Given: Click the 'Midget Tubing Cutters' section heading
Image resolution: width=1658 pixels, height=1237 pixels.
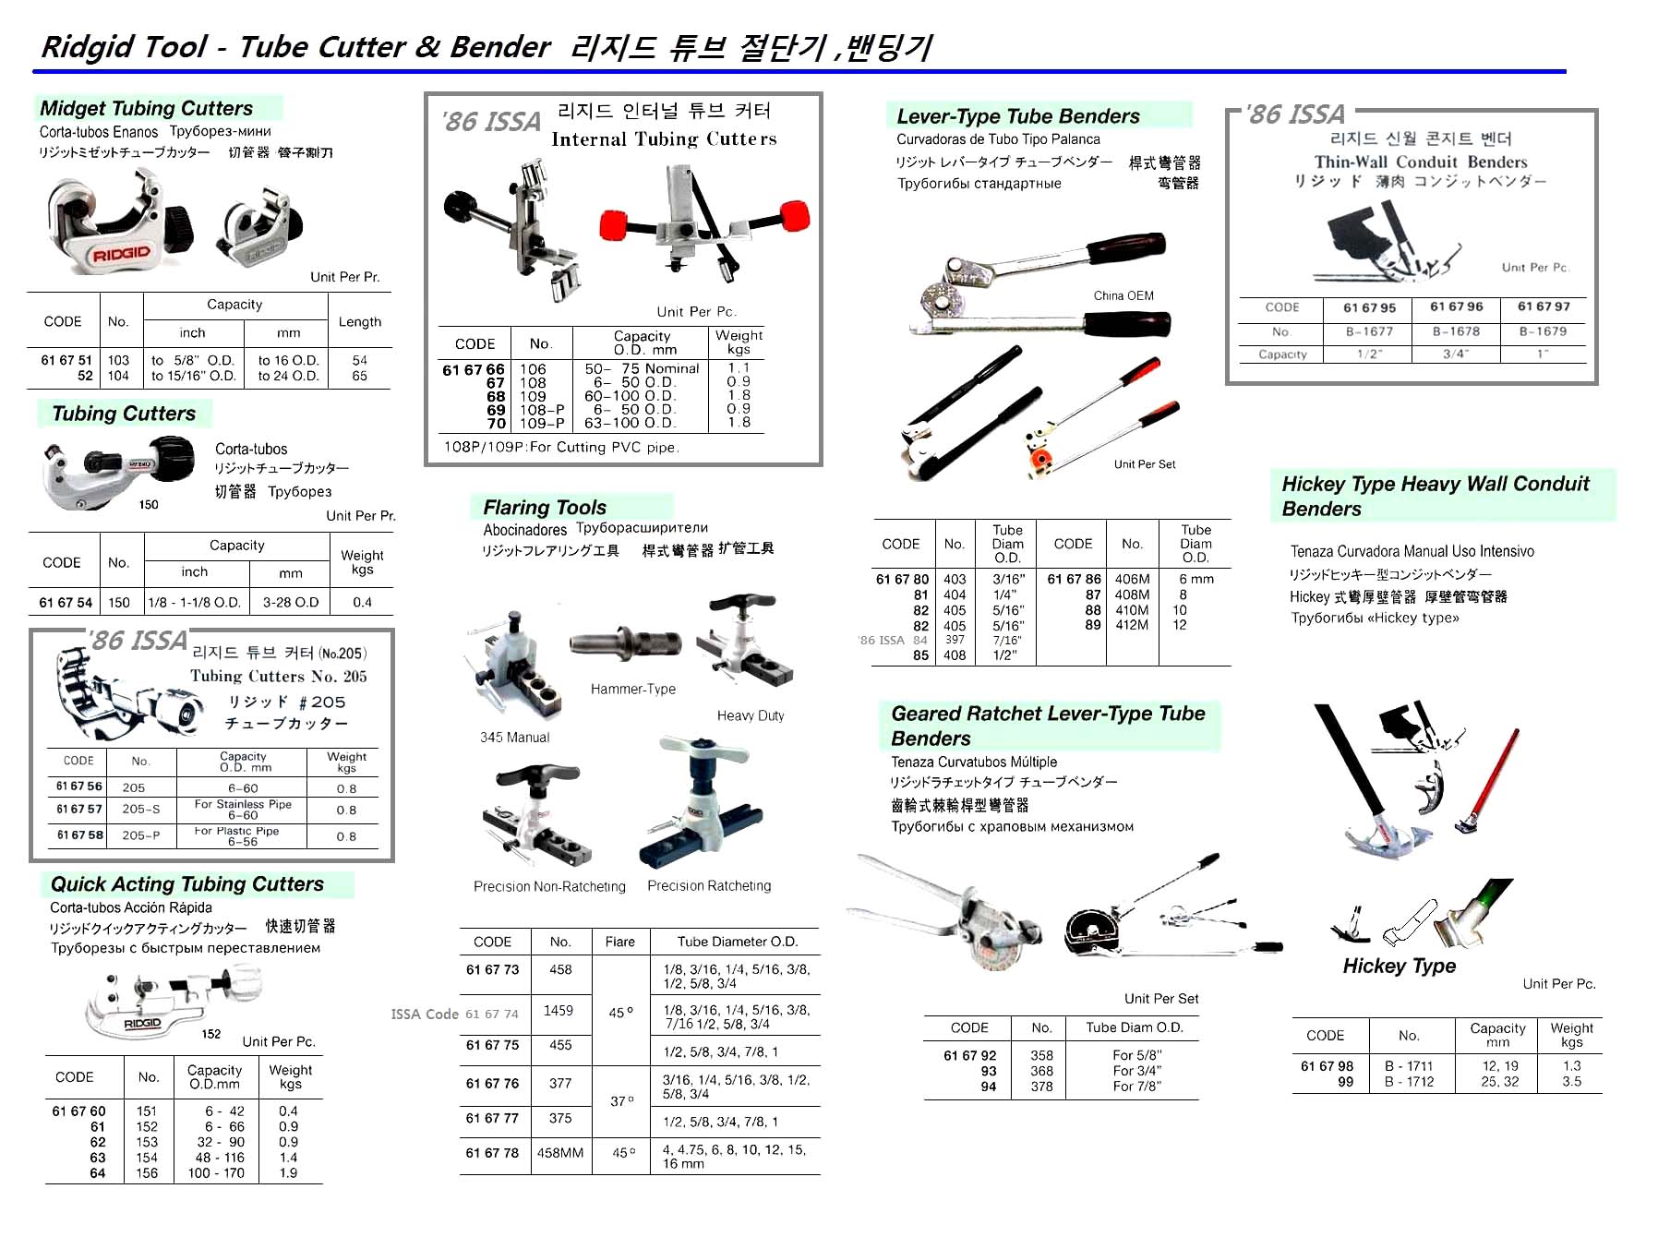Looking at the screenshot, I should [x=146, y=108].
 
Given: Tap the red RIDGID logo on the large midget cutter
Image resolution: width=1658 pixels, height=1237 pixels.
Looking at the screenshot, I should [x=121, y=253].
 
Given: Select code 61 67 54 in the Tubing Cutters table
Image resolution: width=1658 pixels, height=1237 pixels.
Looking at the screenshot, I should [x=66, y=602].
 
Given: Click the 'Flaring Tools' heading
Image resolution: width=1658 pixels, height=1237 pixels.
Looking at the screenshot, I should [x=545, y=507].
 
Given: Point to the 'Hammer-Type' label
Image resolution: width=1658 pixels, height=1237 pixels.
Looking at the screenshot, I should [x=633, y=689].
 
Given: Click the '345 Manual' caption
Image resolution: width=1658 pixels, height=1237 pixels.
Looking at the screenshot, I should [x=514, y=737].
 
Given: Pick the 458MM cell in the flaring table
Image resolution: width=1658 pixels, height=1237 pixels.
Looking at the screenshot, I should [x=560, y=1153].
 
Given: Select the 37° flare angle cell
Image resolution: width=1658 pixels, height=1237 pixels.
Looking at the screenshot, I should [x=622, y=1100].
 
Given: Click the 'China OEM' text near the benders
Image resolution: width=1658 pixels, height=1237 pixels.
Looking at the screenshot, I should [x=1123, y=295].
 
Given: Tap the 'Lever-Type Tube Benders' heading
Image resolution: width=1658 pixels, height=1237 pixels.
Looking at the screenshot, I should [x=1017, y=116].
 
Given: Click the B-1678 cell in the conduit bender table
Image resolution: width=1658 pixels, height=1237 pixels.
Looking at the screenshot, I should [x=1456, y=331].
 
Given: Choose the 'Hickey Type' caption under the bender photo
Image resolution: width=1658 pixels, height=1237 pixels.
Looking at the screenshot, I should [x=1399, y=966].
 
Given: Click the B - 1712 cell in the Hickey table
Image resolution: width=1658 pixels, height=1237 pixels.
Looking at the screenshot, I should [x=1409, y=1081].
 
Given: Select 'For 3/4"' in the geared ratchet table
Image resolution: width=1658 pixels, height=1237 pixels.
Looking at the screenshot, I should [x=1136, y=1071].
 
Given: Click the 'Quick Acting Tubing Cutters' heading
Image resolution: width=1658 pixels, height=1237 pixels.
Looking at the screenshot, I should [x=187, y=883].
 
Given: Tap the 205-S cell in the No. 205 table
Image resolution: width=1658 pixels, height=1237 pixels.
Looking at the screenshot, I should [x=140, y=809].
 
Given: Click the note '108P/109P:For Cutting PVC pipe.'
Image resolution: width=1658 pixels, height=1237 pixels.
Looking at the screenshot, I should [x=561, y=447].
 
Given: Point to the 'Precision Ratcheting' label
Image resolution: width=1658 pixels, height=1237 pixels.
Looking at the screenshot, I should [x=709, y=885].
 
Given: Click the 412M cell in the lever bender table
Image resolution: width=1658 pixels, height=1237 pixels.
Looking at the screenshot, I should [x=1132, y=625].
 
